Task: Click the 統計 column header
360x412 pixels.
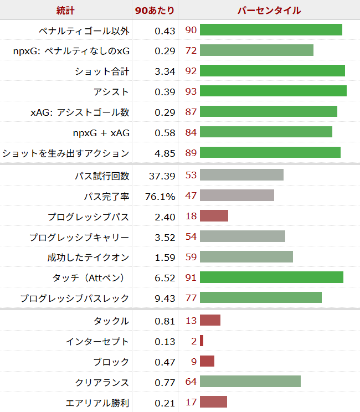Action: tap(66, 10)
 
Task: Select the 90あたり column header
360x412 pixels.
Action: tap(155, 10)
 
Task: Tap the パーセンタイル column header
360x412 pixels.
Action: tap(269, 10)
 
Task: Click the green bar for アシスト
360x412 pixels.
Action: tap(273, 91)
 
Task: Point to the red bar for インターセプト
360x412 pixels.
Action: tap(202, 341)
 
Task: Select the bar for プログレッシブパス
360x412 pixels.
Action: tap(214, 216)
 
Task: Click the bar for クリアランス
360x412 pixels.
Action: tap(250, 382)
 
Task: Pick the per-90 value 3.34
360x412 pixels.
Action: tap(165, 71)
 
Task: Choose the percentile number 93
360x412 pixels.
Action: tap(191, 91)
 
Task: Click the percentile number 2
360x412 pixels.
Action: tap(194, 341)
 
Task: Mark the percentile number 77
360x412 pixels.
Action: tap(191, 298)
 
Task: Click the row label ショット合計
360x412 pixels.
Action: tap(102, 71)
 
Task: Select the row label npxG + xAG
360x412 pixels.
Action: tap(101, 133)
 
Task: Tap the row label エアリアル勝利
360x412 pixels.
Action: tap(97, 403)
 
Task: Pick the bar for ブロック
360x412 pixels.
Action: tap(207, 362)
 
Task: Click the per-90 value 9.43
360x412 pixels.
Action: tap(165, 298)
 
